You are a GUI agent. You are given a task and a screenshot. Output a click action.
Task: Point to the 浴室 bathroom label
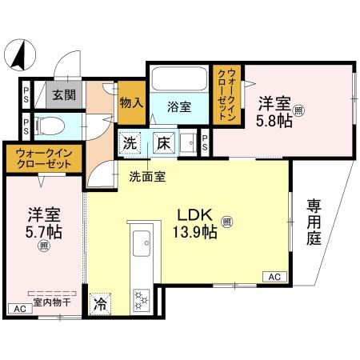[178, 107]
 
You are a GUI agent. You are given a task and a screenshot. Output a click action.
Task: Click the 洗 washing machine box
[130, 144]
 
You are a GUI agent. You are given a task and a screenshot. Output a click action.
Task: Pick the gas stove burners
[143, 299]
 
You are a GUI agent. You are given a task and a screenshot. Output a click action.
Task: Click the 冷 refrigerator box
[102, 303]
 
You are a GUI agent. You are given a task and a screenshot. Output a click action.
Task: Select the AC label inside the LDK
[274, 277]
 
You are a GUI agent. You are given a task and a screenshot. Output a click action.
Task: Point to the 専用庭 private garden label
[314, 223]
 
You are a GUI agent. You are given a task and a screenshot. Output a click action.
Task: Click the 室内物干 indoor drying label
[51, 302]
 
